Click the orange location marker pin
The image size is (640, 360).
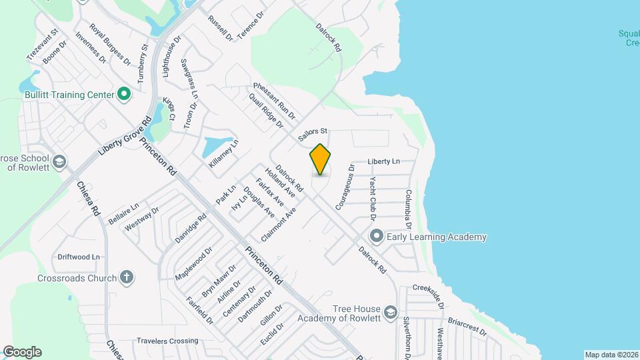(320, 159)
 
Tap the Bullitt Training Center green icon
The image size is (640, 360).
(123, 95)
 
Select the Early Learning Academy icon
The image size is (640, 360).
(377, 237)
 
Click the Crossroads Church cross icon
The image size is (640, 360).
(127, 277)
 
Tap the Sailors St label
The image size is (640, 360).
(314, 134)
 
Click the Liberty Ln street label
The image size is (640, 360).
(384, 161)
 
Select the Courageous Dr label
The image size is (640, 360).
(343, 187)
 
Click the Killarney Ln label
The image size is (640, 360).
(223, 155)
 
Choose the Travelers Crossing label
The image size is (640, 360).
(167, 341)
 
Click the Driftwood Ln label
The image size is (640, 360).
(79, 257)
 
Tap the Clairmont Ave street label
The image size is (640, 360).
(279, 225)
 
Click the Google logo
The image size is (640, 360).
(22, 352)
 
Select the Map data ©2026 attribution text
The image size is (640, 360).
(611, 355)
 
